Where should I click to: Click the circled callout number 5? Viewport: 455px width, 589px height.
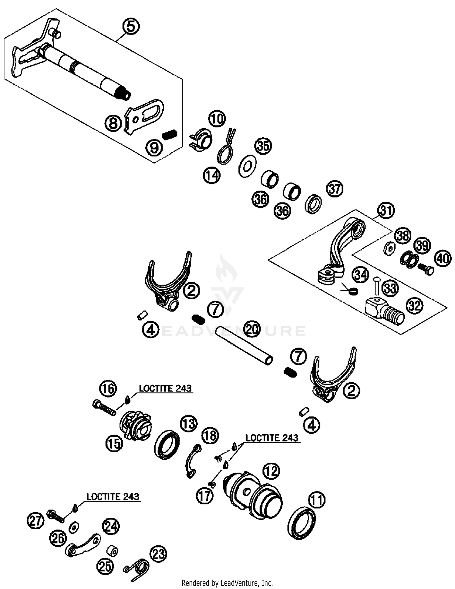(131, 26)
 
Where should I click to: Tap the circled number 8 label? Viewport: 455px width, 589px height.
(113, 123)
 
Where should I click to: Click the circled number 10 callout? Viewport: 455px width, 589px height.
(217, 119)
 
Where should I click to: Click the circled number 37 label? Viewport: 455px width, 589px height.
(335, 189)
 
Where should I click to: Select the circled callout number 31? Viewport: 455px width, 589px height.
(386, 210)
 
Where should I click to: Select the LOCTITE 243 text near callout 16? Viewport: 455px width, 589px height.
(165, 389)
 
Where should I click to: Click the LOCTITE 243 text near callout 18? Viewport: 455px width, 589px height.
(272, 438)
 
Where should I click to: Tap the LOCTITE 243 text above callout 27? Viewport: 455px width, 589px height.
(113, 496)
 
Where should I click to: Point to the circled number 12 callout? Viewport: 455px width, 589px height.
(271, 471)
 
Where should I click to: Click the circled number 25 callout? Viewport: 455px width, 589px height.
(105, 566)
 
